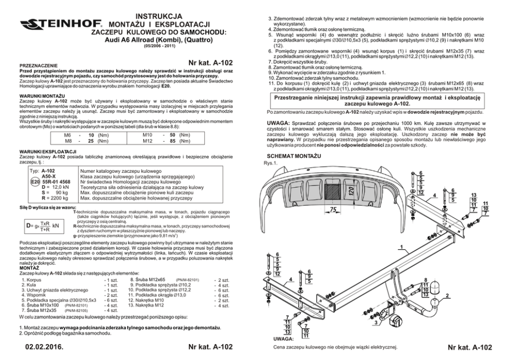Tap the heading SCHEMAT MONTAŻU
pyautogui.click(x=295, y=155)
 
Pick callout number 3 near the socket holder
pyautogui.click(x=377, y=323)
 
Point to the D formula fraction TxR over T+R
pyautogui.click(x=45, y=226)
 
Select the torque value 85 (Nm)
pyautogui.click(x=174, y=141)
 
